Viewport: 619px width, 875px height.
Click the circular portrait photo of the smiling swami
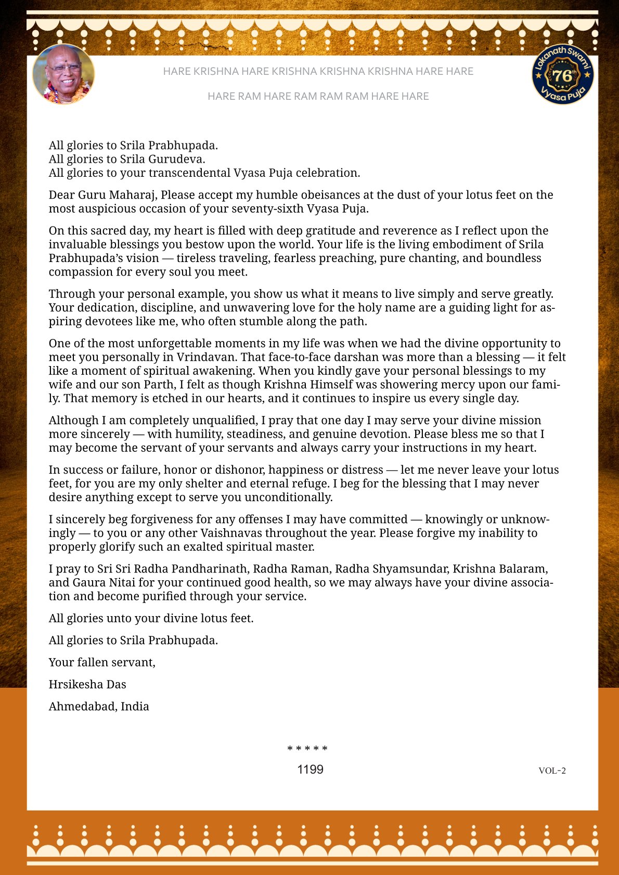63,74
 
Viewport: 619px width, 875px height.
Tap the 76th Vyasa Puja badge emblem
563,74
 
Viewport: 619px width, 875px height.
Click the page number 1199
310,769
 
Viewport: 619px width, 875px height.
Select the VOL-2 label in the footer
552,770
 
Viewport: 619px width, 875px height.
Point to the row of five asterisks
307,749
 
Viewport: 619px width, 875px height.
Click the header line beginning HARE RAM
318,96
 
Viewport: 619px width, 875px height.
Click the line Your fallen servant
102,662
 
